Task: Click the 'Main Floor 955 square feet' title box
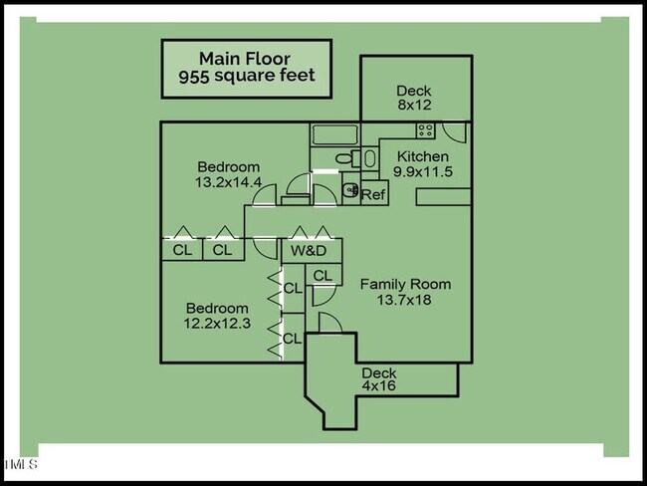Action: point(247,68)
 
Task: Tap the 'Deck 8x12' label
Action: point(413,98)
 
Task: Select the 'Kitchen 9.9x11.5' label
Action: point(423,164)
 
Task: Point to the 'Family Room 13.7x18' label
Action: point(405,292)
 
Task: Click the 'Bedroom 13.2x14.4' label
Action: point(228,174)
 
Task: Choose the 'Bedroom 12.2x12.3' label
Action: point(216,316)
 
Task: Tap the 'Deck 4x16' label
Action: point(378,380)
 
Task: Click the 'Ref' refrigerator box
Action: point(373,195)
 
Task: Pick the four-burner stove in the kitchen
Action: point(425,130)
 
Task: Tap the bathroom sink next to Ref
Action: point(349,189)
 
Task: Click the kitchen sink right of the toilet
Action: point(369,157)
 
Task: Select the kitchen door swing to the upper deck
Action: point(454,133)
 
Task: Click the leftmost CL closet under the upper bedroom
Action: point(182,250)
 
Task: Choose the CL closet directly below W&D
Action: point(322,276)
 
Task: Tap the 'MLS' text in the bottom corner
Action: point(21,464)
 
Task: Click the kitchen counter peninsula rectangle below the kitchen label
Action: point(443,197)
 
